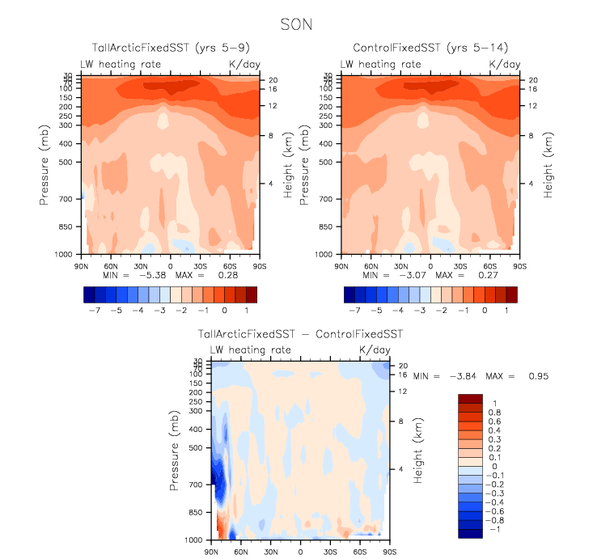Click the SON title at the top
coord(296,24)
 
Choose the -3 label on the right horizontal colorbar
coord(419,310)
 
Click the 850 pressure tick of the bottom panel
coord(194,512)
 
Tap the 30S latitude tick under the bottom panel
coord(330,552)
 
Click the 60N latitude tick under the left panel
coord(111,265)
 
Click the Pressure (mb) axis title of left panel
coord(44,165)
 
